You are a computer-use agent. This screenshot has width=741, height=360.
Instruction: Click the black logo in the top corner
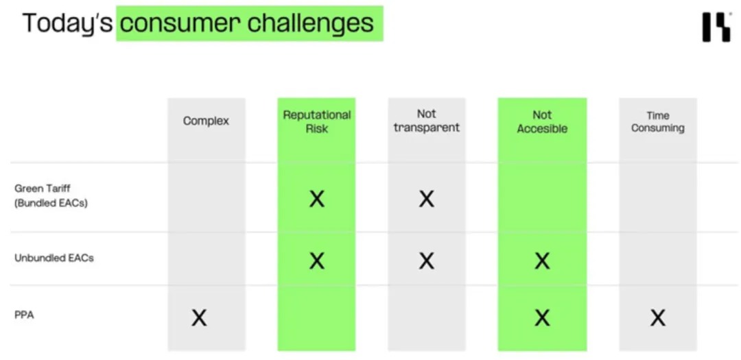point(716,27)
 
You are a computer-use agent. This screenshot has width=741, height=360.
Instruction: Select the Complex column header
point(206,121)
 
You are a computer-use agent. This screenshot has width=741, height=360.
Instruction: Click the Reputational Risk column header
point(316,122)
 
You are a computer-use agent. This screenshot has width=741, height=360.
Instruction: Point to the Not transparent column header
point(426,121)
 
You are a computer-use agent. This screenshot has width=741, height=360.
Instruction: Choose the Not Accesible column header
point(542,122)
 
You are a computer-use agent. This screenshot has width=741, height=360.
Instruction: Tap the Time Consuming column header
point(658,122)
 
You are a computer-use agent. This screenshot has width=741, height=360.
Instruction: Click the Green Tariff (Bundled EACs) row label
point(51,197)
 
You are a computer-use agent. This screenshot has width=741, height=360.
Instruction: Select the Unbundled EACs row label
point(54,259)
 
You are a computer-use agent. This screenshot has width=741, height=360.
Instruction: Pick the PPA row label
point(24,315)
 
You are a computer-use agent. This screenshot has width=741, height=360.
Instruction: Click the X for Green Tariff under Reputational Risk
point(316,199)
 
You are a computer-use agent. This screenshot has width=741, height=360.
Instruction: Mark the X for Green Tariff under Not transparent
point(426,199)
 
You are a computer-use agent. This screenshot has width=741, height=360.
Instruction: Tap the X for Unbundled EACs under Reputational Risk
point(316,261)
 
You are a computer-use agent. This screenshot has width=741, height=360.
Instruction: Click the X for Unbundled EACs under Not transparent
point(426,261)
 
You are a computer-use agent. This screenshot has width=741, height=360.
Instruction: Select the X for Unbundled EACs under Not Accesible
point(542,261)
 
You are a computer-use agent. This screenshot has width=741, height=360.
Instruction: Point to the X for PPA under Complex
point(199,317)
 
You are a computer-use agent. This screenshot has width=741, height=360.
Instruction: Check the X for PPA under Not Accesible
point(542,317)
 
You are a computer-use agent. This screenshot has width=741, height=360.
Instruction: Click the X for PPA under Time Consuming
point(658,317)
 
